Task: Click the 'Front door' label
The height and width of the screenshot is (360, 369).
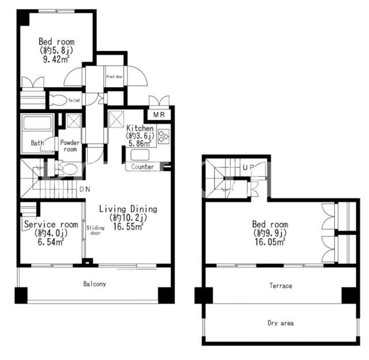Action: (114, 77)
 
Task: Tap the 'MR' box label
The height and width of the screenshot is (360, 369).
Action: (159, 115)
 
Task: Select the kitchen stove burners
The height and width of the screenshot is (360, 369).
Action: (164, 136)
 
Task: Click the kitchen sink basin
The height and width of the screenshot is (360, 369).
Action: (140, 155)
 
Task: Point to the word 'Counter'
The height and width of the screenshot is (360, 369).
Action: (142, 167)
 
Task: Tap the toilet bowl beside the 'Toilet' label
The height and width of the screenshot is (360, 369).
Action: (58, 100)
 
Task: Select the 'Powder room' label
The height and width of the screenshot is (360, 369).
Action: (70, 146)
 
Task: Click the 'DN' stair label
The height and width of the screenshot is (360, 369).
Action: (85, 189)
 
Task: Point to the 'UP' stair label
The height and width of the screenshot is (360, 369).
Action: (248, 167)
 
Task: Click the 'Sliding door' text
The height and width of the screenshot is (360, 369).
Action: (95, 230)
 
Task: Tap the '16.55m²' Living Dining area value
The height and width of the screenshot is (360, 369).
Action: (128, 227)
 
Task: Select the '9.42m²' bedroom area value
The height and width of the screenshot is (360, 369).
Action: (56, 59)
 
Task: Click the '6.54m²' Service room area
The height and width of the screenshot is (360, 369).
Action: (51, 242)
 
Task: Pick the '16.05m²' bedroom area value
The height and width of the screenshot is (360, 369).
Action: (270, 242)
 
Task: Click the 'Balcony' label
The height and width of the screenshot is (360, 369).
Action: (95, 284)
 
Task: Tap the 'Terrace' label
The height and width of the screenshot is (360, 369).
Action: (281, 286)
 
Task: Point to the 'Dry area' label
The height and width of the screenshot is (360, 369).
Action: (281, 323)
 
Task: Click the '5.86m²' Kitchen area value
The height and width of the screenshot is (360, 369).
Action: (140, 144)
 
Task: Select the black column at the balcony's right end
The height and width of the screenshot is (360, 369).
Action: (166, 295)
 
